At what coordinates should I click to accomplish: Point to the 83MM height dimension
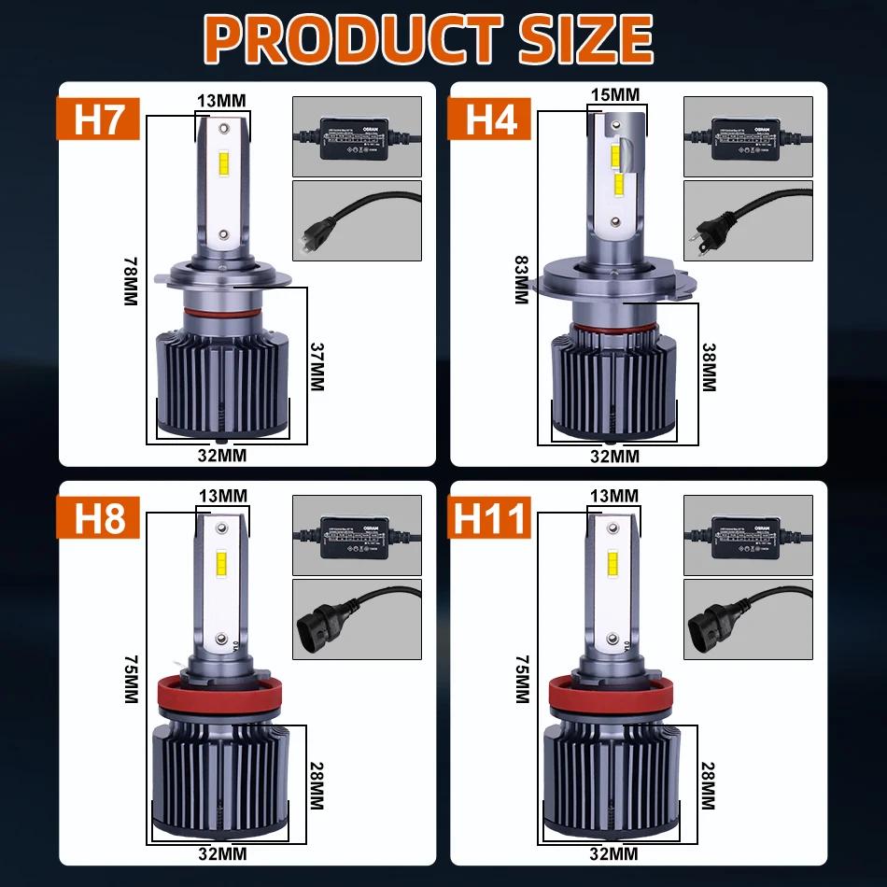[x=521, y=279]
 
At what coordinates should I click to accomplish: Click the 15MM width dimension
[x=615, y=94]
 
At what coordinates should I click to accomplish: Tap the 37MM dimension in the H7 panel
[x=317, y=365]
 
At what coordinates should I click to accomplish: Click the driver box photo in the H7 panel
[x=358, y=137]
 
